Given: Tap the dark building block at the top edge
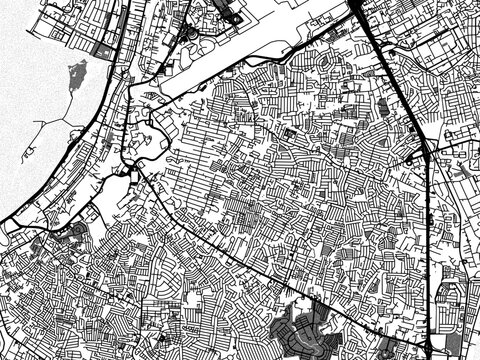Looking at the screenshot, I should (228, 12).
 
